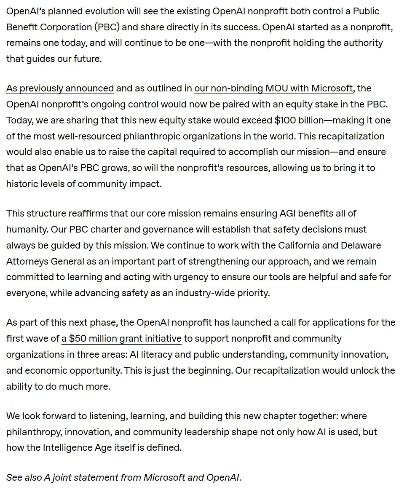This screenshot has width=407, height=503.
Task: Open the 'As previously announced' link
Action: (x=60, y=88)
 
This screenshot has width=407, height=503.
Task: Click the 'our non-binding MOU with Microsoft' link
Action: (x=273, y=88)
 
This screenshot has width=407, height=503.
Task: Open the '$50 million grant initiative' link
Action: (x=121, y=339)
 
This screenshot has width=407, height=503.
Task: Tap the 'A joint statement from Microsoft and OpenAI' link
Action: (x=142, y=478)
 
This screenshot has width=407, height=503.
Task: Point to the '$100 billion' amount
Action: (x=299, y=120)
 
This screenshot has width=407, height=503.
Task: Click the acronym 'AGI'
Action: (x=290, y=214)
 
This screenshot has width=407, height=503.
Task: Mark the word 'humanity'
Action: (x=25, y=230)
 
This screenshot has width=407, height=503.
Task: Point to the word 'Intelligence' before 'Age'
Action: (x=69, y=447)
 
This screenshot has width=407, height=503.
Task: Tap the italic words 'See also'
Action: (x=24, y=478)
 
